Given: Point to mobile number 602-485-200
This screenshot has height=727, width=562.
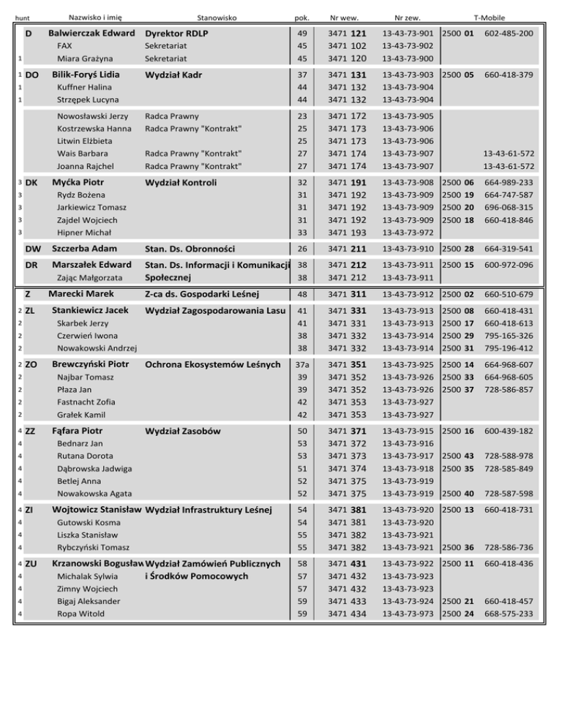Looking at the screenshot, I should tap(509, 34).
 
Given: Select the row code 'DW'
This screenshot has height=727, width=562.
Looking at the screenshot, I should tap(33, 249).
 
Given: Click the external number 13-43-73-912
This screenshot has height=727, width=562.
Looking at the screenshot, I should tap(408, 294).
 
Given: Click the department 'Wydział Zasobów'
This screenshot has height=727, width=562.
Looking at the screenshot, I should tap(183, 432).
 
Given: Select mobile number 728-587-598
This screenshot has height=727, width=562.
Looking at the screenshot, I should tap(509, 494).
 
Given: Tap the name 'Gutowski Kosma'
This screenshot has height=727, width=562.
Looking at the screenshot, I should tap(88, 522).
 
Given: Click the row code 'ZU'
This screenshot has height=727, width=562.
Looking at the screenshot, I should tap(31, 564).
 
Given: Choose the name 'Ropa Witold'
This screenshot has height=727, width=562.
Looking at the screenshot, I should tap(80, 614).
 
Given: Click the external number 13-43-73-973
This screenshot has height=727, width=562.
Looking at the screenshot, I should tap(408, 614).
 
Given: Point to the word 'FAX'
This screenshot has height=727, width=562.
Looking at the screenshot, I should tap(66, 46).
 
